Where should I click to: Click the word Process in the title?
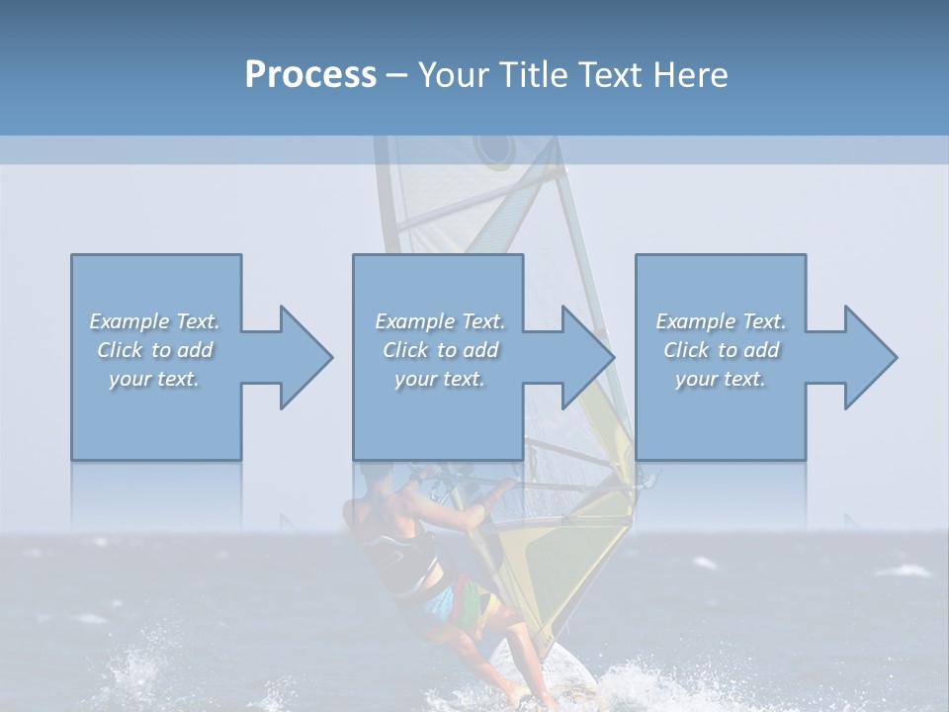coord(310,75)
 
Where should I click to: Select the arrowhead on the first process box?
coord(302,357)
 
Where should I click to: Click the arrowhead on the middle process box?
coord(584,357)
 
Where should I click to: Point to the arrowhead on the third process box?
coord(866,357)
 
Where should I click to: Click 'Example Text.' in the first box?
coord(154,321)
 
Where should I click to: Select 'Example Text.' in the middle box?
coord(439,321)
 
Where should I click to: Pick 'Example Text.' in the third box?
coord(721,321)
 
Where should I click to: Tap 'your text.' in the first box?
coord(154,379)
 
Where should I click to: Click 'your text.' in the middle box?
coord(439,379)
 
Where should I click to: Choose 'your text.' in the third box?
coord(721,379)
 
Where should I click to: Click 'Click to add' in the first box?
coord(154,350)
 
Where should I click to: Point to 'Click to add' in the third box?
coord(721,350)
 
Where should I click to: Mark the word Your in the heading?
coord(452,75)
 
